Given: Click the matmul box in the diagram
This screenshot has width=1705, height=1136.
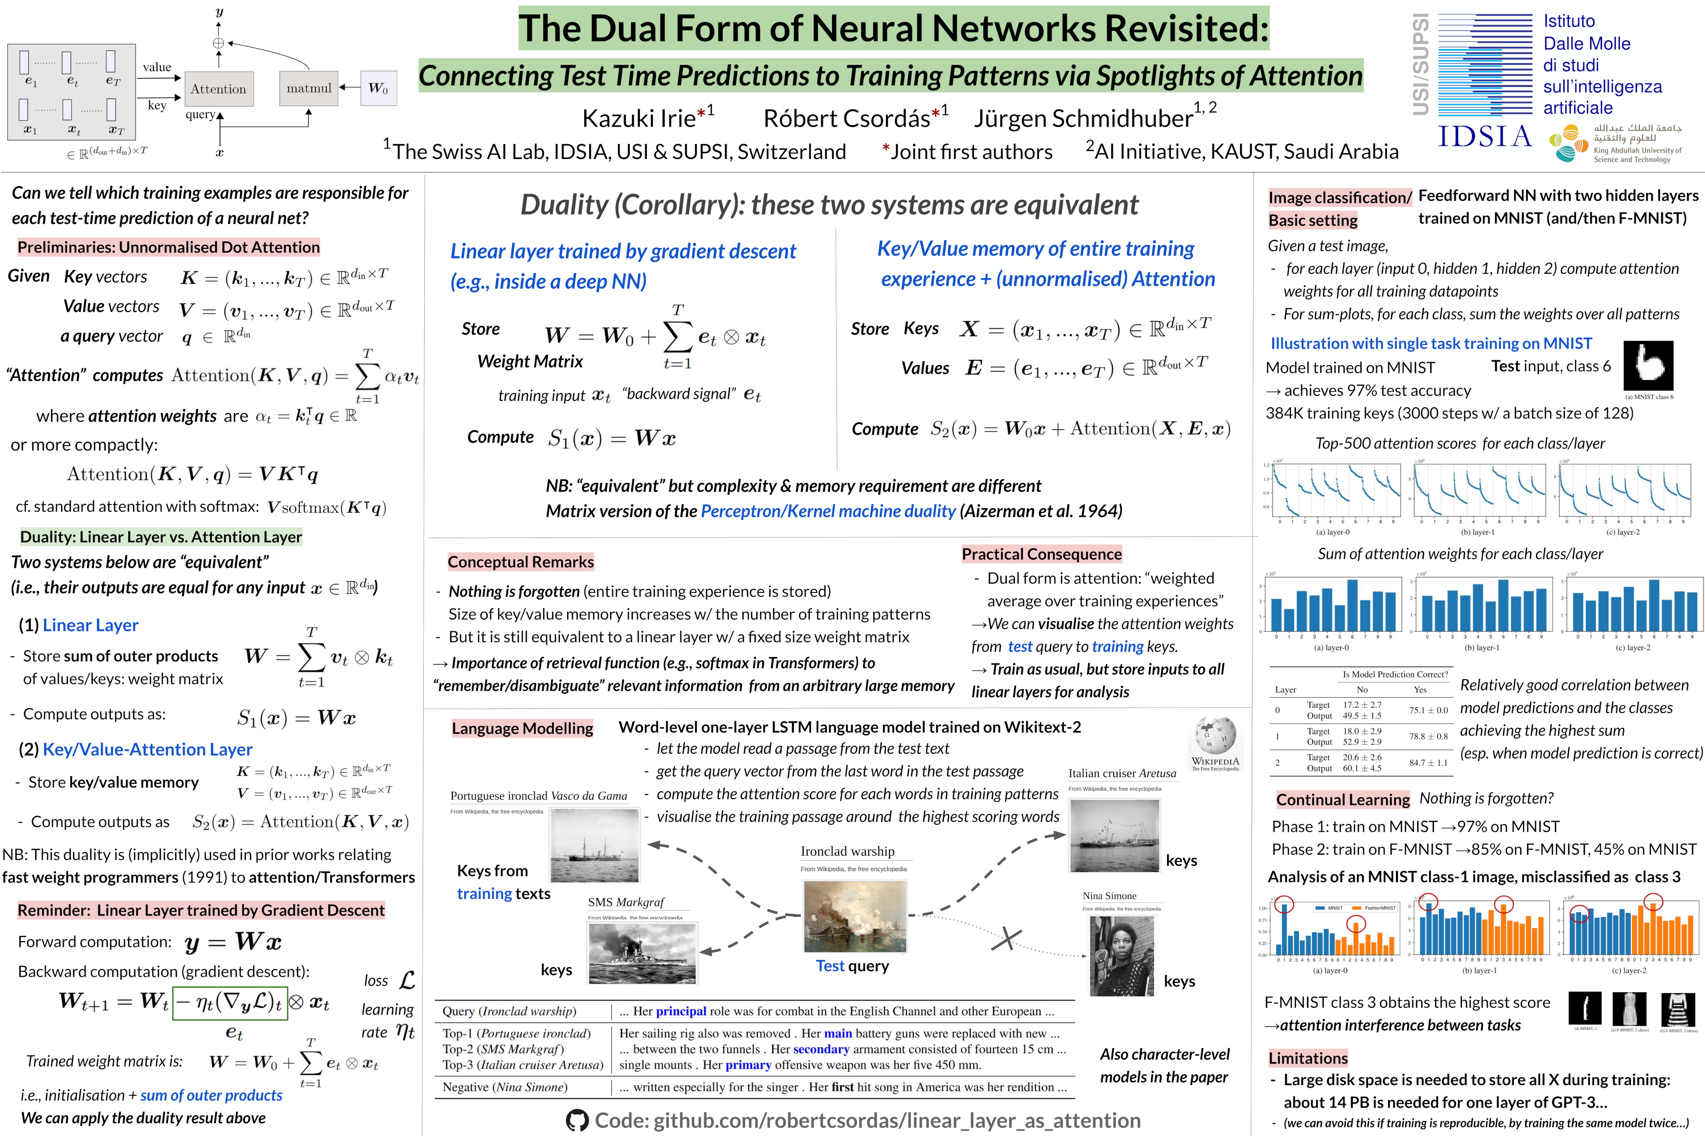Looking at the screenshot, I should tap(309, 88).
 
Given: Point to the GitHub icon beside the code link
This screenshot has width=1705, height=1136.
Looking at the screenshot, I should tap(577, 1121).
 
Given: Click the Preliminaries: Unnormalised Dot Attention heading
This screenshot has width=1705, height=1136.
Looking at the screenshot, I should tap(168, 247).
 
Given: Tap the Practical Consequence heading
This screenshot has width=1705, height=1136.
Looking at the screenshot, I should tap(1042, 554).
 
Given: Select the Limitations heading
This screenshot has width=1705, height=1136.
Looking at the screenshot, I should tap(1308, 1058).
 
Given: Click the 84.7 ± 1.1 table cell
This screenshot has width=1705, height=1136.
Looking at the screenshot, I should tap(1428, 763).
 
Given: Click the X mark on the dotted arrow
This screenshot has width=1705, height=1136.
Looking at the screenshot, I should tap(1006, 940).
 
